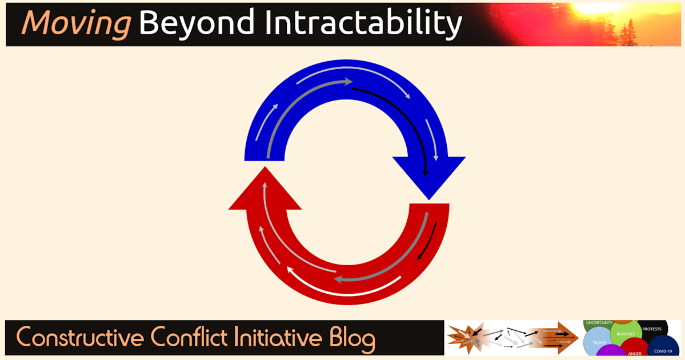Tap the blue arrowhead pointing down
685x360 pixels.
[428, 174]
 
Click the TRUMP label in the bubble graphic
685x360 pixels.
[599, 343]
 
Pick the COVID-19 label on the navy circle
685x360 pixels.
[663, 350]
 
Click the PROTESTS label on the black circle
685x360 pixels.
[651, 329]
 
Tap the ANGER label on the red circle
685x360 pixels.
[634, 353]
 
